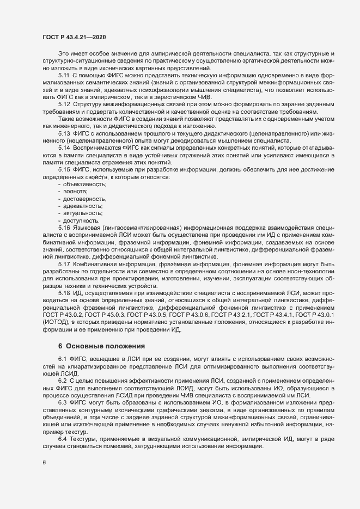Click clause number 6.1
point(63,360)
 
